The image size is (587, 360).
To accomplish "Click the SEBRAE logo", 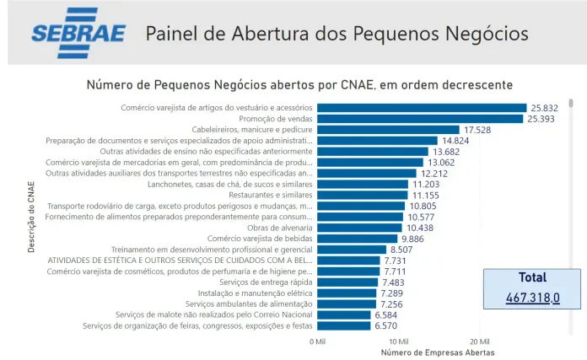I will coord(78,33).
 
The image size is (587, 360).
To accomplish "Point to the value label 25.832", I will coord(545,108).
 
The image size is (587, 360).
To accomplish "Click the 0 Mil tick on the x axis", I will coord(317,341).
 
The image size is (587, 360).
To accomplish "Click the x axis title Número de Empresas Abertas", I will coord(438,352).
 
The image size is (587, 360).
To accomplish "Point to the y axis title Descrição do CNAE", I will coord(31,217).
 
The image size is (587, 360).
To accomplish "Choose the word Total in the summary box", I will coord(532,277).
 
